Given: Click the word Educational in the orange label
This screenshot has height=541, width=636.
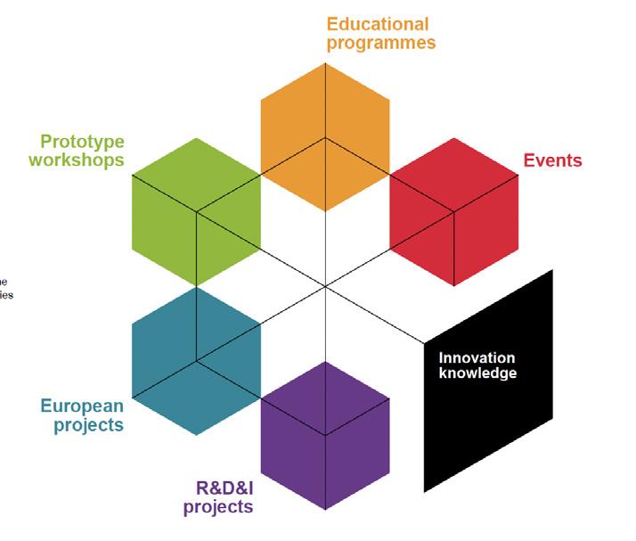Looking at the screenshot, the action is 377,24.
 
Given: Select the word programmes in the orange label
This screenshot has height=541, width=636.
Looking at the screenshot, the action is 381,43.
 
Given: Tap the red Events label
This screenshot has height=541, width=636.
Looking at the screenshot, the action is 552,161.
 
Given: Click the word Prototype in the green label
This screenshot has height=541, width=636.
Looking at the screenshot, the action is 82,142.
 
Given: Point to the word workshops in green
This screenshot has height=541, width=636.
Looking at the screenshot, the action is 77,160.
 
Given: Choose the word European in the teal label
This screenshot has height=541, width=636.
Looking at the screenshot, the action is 82,406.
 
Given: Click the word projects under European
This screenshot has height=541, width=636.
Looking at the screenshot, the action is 88,425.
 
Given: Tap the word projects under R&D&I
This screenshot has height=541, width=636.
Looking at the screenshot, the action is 218,507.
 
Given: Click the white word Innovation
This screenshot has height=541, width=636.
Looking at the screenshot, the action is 477,358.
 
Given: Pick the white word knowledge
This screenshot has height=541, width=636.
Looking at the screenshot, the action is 477,373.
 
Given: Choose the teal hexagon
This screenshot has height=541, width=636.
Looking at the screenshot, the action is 196,361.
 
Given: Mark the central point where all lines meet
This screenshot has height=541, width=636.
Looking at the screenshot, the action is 325,286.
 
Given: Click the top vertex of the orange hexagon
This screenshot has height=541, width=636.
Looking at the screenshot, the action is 325,64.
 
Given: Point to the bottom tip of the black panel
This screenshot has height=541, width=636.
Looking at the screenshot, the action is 424,491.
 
